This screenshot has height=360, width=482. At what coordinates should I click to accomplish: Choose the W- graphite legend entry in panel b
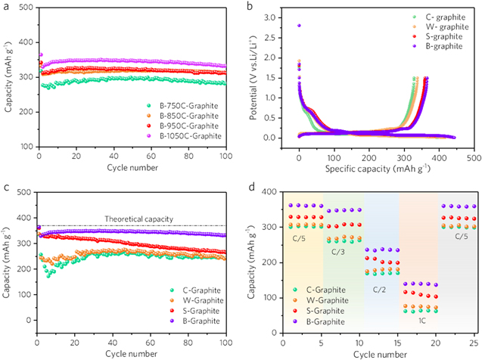click(x=443, y=26)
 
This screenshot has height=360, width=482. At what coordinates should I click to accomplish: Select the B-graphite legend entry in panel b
click(x=442, y=46)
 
